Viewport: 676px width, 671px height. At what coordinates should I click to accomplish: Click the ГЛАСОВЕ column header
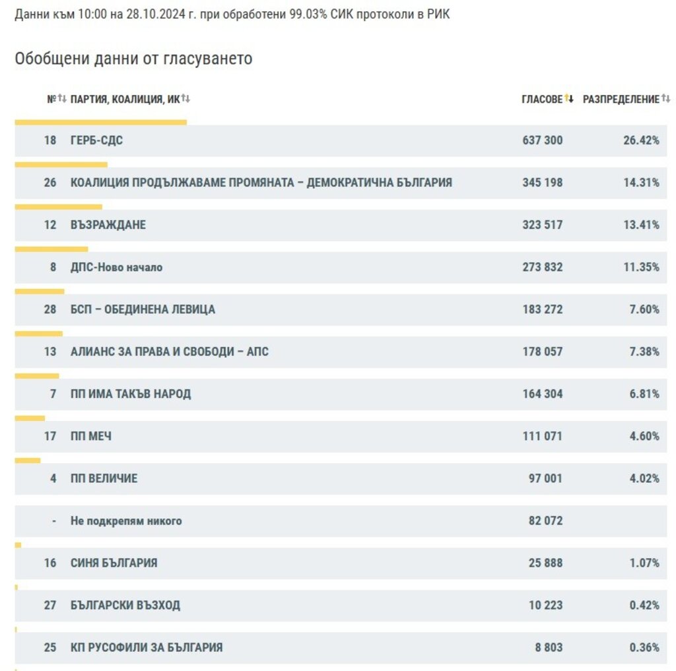pyautogui.click(x=542, y=99)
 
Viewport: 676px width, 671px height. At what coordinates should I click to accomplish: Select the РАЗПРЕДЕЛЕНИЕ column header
pyautogui.click(x=621, y=99)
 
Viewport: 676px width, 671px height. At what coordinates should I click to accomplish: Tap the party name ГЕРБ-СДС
pyautogui.click(x=96, y=140)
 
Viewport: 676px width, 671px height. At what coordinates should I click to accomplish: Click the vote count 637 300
pyautogui.click(x=542, y=140)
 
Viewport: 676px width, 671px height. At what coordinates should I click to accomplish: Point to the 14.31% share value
pyautogui.click(x=641, y=182)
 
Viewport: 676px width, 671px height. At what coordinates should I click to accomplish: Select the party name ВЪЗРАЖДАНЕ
pyautogui.click(x=108, y=224)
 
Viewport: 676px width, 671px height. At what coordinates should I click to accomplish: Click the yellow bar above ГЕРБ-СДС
pyautogui.click(x=100, y=122)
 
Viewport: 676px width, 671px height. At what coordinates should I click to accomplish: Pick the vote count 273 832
pyautogui.click(x=542, y=267)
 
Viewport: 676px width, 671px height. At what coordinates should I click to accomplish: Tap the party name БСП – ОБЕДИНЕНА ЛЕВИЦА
pyautogui.click(x=143, y=309)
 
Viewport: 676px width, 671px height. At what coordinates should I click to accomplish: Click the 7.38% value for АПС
pyautogui.click(x=644, y=352)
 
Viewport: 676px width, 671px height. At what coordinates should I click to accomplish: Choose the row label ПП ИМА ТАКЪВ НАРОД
pyautogui.click(x=131, y=394)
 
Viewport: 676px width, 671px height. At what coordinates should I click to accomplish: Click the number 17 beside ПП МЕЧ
pyautogui.click(x=50, y=436)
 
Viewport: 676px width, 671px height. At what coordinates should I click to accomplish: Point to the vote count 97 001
pyautogui.click(x=545, y=478)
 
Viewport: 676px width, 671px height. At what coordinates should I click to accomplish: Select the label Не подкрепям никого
pyautogui.click(x=126, y=521)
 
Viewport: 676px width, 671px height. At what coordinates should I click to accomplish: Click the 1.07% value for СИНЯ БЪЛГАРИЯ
pyautogui.click(x=644, y=563)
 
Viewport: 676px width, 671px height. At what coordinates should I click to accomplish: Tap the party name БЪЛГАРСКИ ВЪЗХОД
pyautogui.click(x=125, y=605)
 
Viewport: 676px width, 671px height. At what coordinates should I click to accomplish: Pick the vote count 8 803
pyautogui.click(x=549, y=647)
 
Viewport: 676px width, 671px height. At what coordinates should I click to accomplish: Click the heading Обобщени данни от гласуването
pyautogui.click(x=133, y=58)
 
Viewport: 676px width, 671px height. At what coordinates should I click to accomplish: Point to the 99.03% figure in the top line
pyautogui.click(x=308, y=14)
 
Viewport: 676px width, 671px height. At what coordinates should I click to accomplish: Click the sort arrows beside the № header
pyautogui.click(x=62, y=99)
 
